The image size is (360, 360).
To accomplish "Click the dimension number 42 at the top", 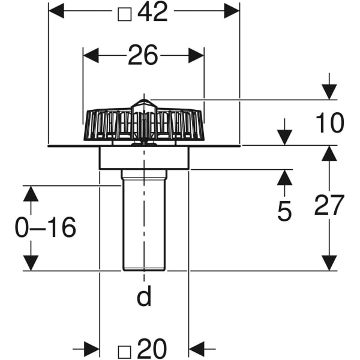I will [152, 11].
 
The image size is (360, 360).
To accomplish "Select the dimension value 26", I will [143, 56].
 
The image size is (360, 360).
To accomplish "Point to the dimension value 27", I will [329, 206].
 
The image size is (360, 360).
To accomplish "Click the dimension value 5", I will [284, 211].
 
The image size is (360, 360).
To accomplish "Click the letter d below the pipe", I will [143, 296].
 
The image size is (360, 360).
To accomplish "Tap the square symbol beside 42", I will [124, 13].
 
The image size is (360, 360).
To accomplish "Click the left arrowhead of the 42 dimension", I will [56, 11].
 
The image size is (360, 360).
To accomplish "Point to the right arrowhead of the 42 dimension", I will [232, 11].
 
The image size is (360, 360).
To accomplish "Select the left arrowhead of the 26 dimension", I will [91, 56].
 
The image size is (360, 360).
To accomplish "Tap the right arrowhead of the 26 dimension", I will [196, 56].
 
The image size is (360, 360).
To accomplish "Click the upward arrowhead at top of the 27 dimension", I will [328, 154].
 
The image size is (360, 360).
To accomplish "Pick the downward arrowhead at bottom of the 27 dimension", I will [328, 263].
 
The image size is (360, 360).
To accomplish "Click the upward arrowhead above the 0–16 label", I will [31, 193].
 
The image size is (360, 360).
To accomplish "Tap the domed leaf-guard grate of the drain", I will [144, 124].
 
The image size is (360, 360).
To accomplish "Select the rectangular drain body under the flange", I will [144, 158].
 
